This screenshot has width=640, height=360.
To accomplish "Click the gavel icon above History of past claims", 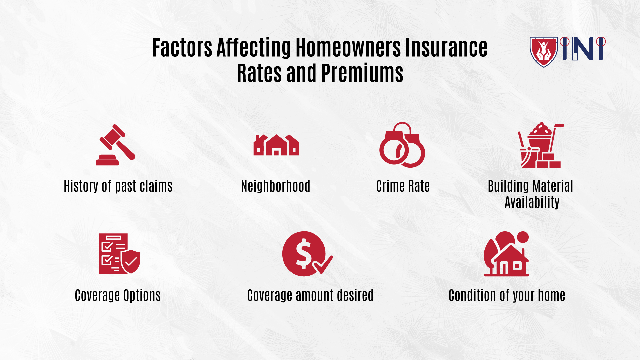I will pyautogui.click(x=115, y=145).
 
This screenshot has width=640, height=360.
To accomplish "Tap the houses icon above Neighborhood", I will pyautogui.click(x=276, y=145).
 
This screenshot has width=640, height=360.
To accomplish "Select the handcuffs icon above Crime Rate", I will pyautogui.click(x=402, y=145).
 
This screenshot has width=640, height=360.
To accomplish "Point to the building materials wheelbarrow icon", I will pyautogui.click(x=540, y=145).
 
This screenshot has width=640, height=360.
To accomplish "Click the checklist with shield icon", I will pyautogui.click(x=119, y=254).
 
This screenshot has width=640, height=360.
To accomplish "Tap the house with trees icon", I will pyautogui.click(x=506, y=254).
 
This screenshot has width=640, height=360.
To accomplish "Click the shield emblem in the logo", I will pyautogui.click(x=544, y=52).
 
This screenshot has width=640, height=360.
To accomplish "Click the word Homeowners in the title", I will pyautogui.click(x=348, y=48).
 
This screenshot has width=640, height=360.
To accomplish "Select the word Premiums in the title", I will pyautogui.click(x=362, y=73).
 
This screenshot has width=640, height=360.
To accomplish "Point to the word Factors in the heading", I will pyautogui.click(x=182, y=48).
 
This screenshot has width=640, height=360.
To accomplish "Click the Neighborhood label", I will pyautogui.click(x=276, y=186).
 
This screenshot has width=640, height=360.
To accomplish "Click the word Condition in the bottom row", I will pyautogui.click(x=472, y=295).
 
